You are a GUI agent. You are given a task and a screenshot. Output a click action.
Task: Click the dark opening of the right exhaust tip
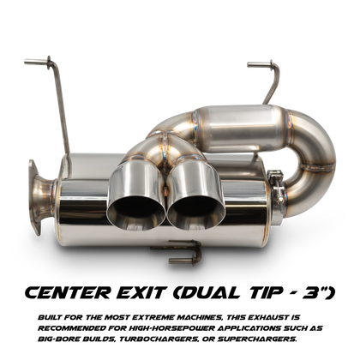pyautogui.click(x=195, y=211)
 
